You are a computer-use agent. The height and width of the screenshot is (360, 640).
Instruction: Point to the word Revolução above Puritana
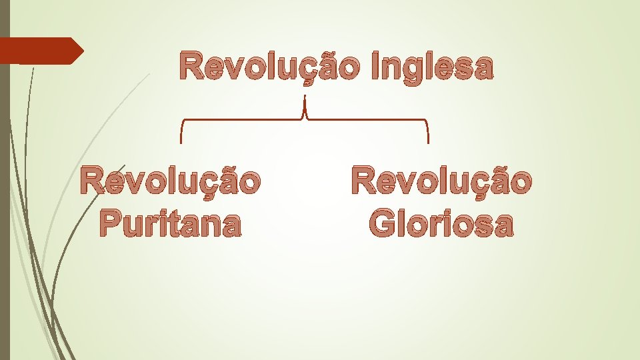click(170, 181)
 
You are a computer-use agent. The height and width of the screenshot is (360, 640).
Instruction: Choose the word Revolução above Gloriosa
click(441, 181)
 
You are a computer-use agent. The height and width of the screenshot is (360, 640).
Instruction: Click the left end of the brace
click(181, 141)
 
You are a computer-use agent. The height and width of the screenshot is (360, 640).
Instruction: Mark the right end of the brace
click(427, 141)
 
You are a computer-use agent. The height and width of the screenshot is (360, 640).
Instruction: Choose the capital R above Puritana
click(92, 181)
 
